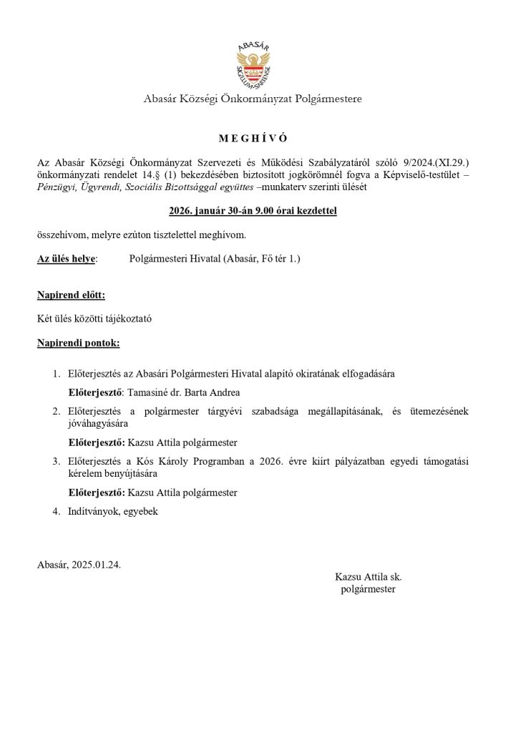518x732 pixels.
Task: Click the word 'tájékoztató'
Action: (127, 319)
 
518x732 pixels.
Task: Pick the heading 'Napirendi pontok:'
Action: (78, 343)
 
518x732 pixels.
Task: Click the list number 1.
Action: (56, 374)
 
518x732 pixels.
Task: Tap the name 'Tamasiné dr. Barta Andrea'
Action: (183, 392)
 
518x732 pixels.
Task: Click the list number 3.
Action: (56, 461)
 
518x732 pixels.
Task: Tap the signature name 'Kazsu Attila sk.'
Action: (368, 575)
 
